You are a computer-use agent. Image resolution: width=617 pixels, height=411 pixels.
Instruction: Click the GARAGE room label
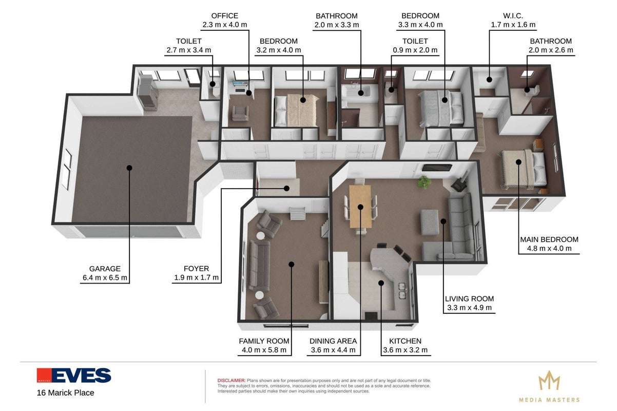105,269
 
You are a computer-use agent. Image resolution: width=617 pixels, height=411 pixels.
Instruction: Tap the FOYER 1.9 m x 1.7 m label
197,273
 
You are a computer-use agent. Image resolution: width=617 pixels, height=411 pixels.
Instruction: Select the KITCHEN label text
405,341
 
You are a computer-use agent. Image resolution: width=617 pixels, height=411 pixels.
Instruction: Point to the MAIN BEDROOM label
549,239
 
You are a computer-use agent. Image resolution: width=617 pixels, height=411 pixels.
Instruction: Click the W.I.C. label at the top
513,16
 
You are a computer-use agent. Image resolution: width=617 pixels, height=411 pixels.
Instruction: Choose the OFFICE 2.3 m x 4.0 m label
225,20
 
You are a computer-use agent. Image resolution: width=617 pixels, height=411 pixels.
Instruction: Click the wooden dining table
360,207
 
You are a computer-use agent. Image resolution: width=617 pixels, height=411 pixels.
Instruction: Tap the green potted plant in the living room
425,182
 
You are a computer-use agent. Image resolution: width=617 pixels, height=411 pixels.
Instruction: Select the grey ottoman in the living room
430,222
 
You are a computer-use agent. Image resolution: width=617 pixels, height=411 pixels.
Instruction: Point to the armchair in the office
240,113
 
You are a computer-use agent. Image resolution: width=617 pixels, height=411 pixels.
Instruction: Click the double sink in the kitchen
403,291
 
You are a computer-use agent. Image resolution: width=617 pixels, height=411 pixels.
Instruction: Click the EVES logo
74,376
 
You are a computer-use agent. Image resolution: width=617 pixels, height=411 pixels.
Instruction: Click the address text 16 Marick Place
66,393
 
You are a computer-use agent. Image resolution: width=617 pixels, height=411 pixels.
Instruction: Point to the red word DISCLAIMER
231,381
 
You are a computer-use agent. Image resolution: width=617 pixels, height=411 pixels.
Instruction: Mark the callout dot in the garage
129,168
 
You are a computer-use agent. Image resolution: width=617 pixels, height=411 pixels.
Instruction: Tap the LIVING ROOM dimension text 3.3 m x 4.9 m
469,308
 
